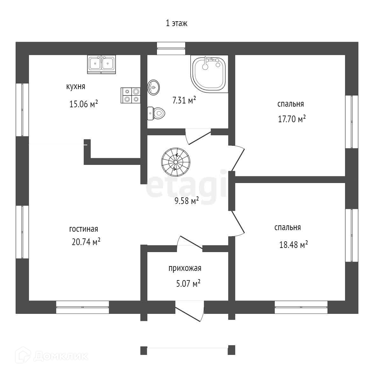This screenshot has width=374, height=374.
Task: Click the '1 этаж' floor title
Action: [x=177, y=23]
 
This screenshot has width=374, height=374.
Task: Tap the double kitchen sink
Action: [x=102, y=64]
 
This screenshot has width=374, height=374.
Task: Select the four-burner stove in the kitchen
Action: [x=131, y=95]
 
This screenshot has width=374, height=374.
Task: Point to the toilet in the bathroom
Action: [x=156, y=113]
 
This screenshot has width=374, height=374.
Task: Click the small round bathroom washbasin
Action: [x=154, y=87]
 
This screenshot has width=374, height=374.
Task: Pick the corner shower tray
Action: [x=209, y=74]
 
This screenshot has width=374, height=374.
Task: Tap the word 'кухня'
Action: [x=75, y=87]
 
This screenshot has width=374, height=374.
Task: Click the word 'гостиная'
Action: [x=83, y=229]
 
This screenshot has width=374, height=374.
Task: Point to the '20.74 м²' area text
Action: [x=86, y=242]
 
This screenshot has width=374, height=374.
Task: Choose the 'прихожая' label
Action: [x=185, y=268]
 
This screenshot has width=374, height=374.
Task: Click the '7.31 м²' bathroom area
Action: [x=184, y=101]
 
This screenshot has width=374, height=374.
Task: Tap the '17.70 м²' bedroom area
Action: [x=292, y=119]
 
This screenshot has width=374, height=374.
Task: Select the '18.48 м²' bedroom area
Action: [x=293, y=245]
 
